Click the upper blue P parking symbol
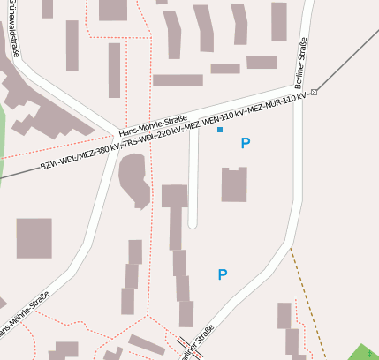[245, 143]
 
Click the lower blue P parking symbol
[223, 275]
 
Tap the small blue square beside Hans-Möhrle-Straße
[220, 130]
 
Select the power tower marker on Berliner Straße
[314, 91]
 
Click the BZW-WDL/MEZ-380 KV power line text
[75, 158]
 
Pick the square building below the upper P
[234, 184]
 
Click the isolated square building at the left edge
[34, 237]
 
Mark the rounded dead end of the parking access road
[193, 223]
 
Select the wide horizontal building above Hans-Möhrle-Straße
[178, 80]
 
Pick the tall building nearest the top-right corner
[278, 21]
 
